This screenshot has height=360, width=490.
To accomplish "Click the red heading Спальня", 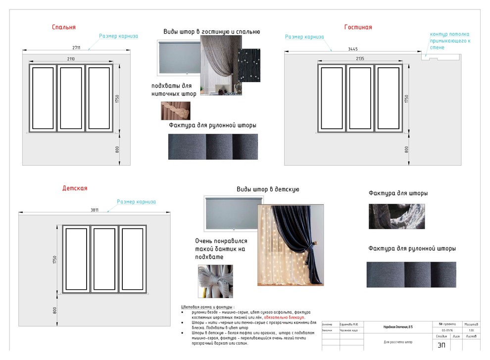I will pos(64,27).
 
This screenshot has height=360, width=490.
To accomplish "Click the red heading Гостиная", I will pos(358,27).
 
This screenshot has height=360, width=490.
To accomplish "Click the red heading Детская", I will pos(75,188).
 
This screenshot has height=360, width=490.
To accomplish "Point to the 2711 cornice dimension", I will pos(76,47).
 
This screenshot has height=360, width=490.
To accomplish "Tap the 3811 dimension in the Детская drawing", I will pos(95,210).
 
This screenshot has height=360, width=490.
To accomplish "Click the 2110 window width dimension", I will pos(71,59).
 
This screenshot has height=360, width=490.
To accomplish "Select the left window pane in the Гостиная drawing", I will pos(332,98).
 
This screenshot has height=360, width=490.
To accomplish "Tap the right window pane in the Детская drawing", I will pos(132,259).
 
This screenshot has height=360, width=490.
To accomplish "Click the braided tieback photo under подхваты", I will pos(175,111).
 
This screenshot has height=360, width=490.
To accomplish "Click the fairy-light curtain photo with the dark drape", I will pos(291,245).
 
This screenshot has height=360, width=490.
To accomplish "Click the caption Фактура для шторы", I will pos(398,193).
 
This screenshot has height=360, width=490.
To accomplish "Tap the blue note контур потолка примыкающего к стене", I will pos(449,41).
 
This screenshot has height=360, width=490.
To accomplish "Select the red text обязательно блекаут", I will pos(285,317).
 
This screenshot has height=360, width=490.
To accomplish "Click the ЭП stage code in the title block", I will pos(441,345).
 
